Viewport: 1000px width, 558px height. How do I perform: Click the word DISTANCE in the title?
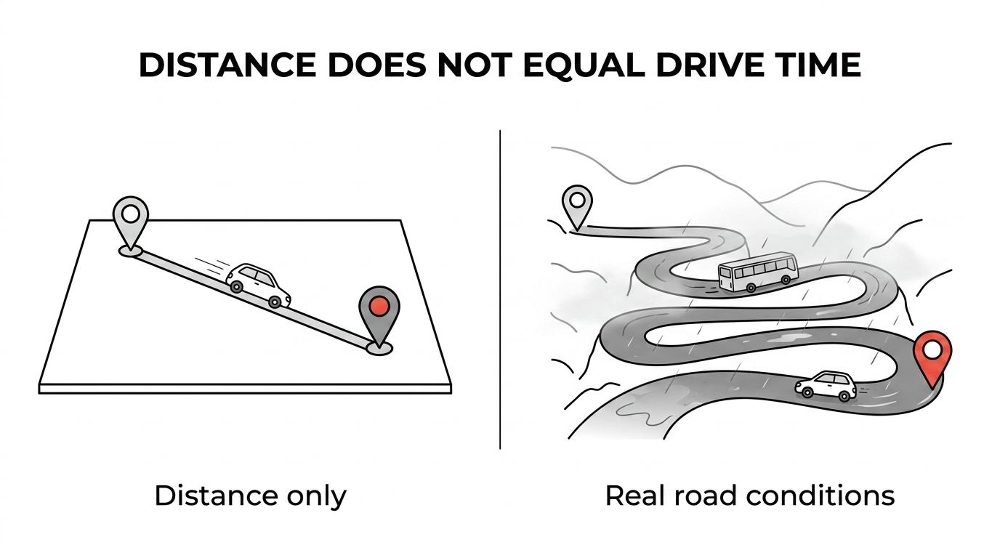click(227, 65)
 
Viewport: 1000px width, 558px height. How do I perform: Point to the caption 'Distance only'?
click(250, 496)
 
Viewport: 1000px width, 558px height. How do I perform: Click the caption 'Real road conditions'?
click(750, 496)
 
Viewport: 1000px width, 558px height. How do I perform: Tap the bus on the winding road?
click(758, 272)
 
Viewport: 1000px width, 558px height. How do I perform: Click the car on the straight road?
click(258, 286)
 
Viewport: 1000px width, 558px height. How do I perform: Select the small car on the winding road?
click(826, 386)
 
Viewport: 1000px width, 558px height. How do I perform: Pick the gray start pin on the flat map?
click(130, 222)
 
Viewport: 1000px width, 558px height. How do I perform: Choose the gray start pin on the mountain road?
click(577, 206)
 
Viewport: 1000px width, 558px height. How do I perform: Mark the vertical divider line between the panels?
click(500, 289)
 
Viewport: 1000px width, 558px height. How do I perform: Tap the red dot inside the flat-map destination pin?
click(379, 306)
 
